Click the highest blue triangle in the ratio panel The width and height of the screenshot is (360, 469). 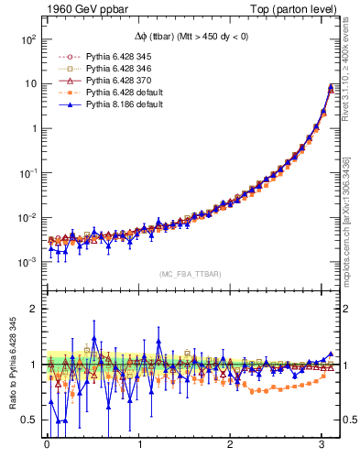(x=93, y=323)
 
